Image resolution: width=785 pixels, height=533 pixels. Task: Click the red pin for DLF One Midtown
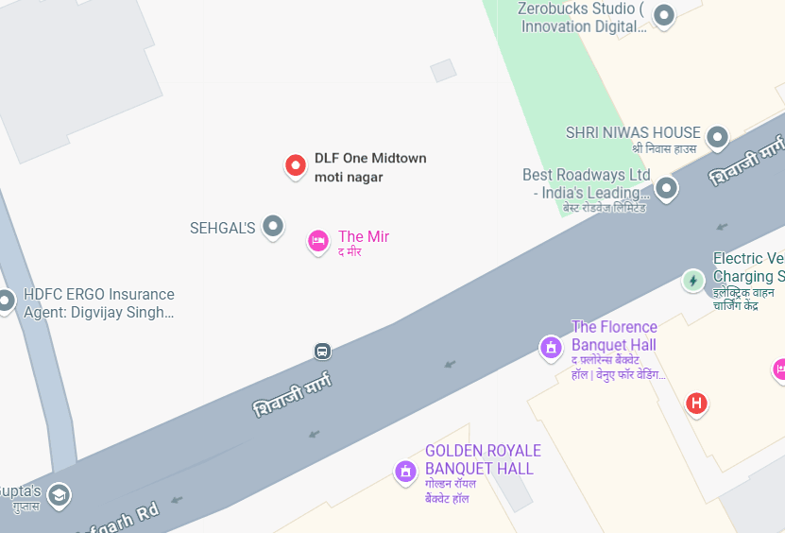point(296,166)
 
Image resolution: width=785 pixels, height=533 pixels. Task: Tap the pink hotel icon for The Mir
point(318,241)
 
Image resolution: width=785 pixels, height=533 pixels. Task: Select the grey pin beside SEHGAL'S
point(273,226)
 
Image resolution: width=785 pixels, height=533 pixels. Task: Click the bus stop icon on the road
point(322,352)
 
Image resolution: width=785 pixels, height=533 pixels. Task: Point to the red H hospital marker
point(696,404)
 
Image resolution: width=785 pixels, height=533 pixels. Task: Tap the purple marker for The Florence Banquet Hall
point(551,348)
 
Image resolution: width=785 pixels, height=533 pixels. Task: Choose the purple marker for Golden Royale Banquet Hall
point(405,471)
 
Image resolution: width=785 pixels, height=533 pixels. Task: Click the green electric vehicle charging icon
point(693,280)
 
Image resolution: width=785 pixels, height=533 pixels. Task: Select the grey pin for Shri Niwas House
point(717,137)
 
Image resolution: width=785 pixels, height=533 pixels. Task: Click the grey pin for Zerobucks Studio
point(664,15)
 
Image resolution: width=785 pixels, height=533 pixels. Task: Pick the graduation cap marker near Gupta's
point(59,494)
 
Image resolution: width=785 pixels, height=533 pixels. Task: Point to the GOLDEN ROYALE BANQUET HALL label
point(483,459)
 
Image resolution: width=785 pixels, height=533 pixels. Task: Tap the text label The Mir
point(364,236)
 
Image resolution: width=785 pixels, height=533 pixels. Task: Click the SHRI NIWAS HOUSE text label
point(633,132)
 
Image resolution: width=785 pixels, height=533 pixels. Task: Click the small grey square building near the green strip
point(443,70)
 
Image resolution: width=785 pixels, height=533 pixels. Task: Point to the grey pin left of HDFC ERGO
point(5,301)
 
